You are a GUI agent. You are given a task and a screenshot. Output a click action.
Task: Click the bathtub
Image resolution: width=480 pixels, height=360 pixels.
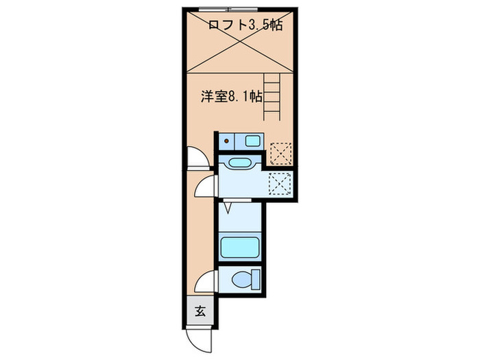(x=239, y=245)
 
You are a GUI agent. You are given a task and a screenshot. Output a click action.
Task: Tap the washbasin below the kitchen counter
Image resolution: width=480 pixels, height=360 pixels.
(x=239, y=164)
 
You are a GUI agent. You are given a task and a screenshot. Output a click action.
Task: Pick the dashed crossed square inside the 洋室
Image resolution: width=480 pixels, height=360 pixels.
(x=279, y=152)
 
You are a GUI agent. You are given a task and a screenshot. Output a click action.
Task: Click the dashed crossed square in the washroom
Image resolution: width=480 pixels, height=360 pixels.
(x=279, y=184)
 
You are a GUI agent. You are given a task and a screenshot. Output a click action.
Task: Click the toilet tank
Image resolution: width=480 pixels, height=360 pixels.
(x=256, y=279)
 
